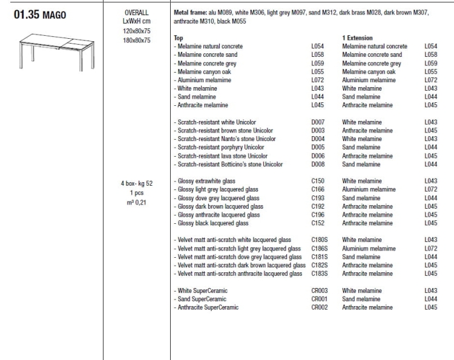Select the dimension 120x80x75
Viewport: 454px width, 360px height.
tap(136, 30)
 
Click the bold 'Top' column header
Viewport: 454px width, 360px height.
tap(178, 38)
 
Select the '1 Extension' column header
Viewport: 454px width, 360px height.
tap(357, 38)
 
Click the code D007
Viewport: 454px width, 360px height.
tap(318, 122)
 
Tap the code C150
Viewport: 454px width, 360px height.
tap(318, 181)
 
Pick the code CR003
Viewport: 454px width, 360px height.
tap(320, 290)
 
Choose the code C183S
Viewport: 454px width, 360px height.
tap(320, 273)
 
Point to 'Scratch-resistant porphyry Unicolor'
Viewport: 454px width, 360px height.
tap(220, 147)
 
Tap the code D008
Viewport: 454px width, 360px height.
tap(318, 164)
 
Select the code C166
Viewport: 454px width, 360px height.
tap(318, 189)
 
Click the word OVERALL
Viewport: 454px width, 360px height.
tap(136, 12)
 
